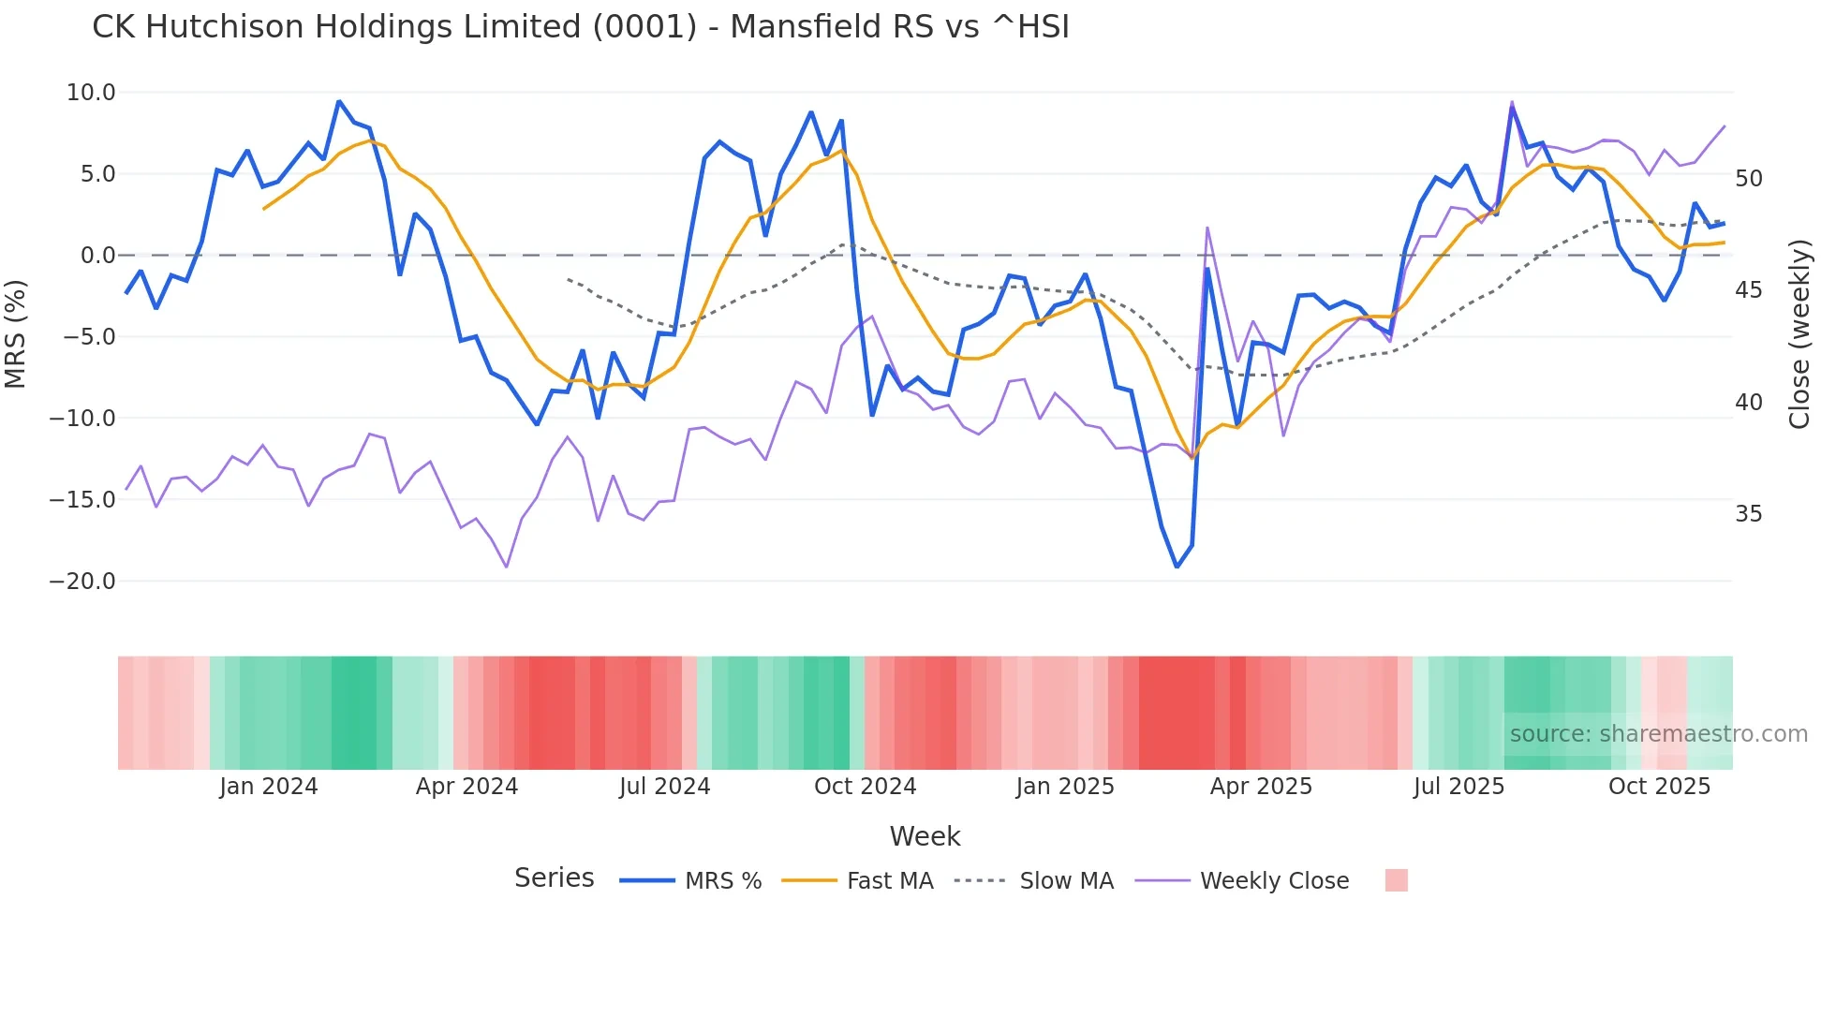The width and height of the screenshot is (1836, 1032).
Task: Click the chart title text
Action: click(x=580, y=27)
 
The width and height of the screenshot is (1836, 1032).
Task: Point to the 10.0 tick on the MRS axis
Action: click(x=91, y=93)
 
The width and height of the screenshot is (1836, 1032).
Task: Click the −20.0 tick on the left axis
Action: click(x=82, y=582)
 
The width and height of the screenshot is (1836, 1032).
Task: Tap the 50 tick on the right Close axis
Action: click(x=1748, y=179)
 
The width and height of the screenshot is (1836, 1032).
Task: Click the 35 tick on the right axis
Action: click(x=1748, y=514)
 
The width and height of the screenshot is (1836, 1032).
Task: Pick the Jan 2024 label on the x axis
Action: click(x=269, y=787)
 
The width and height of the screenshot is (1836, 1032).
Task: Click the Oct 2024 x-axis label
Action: click(x=865, y=787)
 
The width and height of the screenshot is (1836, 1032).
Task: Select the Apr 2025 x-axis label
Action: click(x=1261, y=787)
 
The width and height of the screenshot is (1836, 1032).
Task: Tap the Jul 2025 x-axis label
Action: click(x=1458, y=787)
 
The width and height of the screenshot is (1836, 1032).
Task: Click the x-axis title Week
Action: click(x=925, y=836)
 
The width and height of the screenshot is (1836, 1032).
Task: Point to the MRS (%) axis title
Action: click(x=16, y=334)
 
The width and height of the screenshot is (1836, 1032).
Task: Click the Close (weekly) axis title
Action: click(x=1799, y=334)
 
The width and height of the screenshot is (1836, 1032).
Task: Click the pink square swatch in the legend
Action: click(x=1396, y=880)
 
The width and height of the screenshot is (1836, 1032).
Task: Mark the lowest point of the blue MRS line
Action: click(x=1177, y=567)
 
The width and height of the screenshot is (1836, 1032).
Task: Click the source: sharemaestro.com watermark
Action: click(x=1658, y=734)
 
